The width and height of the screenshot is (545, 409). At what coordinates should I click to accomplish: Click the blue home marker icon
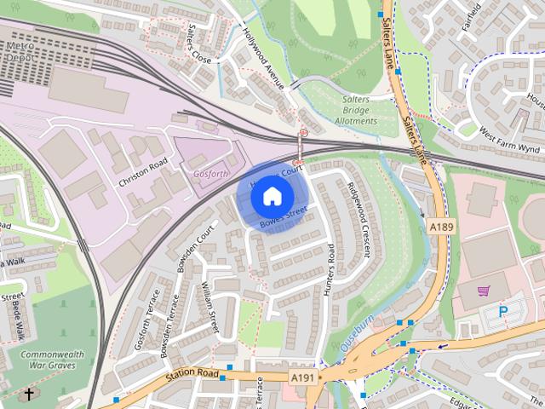coord(271,197)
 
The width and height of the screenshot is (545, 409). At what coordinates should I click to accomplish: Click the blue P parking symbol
coord(502,313)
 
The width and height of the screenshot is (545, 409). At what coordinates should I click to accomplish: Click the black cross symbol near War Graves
coord(29,395)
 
